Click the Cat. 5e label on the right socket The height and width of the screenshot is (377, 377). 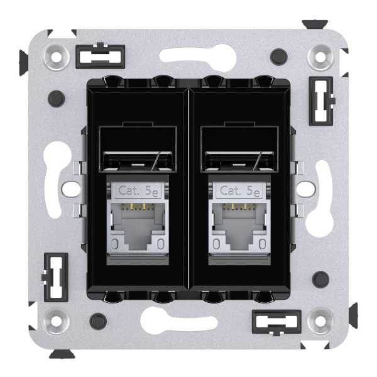click(x=236, y=190)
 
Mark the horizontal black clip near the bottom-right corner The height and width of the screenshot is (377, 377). click(x=276, y=322)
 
